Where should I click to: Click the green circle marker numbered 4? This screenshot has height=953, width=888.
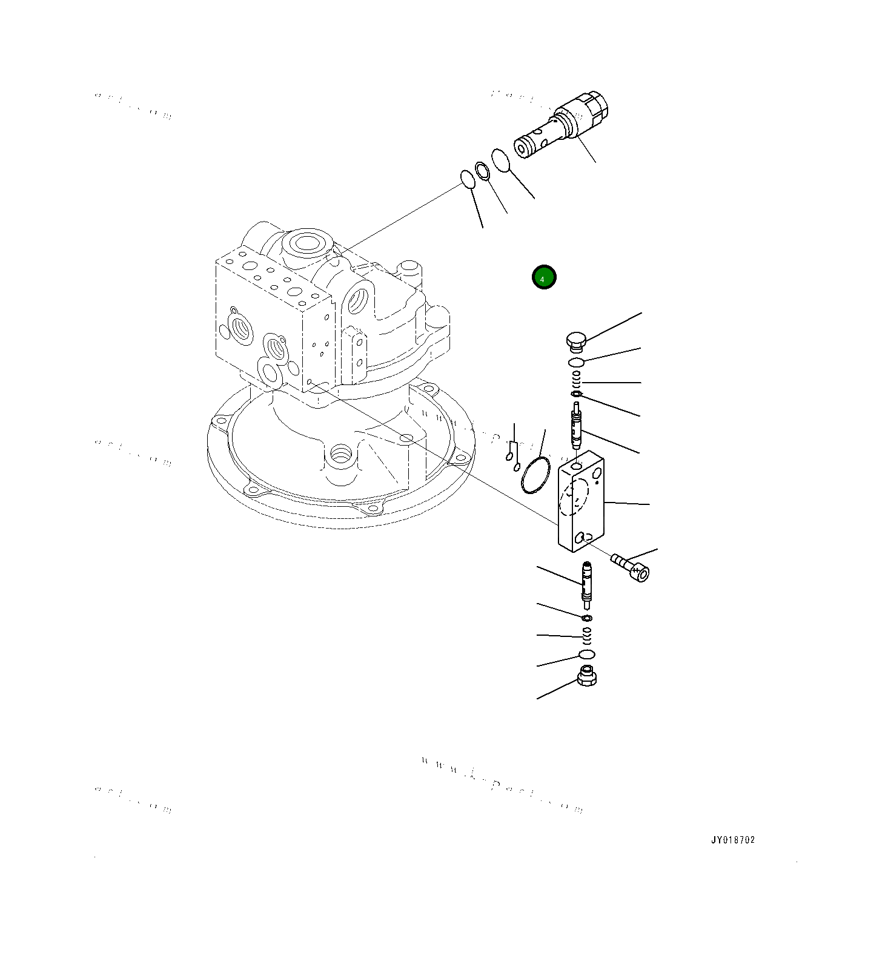click(x=543, y=278)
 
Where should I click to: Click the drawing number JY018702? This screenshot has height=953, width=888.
click(x=733, y=840)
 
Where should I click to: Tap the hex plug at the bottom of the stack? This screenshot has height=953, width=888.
click(x=586, y=676)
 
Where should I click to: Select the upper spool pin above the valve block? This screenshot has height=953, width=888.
click(x=576, y=426)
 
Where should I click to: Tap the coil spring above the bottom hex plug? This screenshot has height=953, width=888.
click(x=586, y=635)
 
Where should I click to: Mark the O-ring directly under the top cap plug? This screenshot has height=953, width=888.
click(x=576, y=362)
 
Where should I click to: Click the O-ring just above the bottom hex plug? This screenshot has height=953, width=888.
click(x=586, y=655)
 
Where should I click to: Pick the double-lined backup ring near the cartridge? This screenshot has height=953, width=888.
click(x=483, y=171)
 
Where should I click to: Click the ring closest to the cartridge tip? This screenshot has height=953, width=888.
click(x=500, y=160)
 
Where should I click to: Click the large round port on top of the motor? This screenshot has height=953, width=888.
click(x=307, y=243)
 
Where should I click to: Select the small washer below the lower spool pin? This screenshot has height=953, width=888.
click(x=586, y=618)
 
